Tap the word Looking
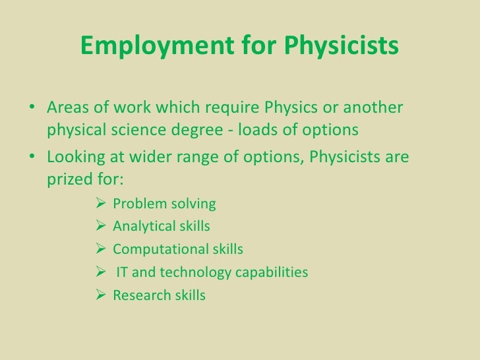click(x=74, y=158)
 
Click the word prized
click(x=73, y=180)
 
